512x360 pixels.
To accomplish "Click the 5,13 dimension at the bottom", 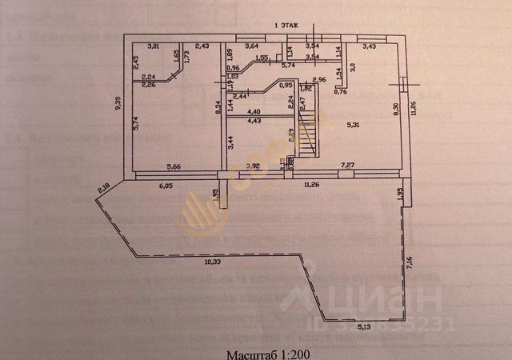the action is tap(364, 326).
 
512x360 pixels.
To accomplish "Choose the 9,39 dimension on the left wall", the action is tap(118, 106).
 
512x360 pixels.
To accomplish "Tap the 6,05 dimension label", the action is tap(165, 185).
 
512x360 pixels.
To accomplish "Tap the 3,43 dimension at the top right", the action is tap(370, 46).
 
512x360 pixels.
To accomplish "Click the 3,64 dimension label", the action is tap(251, 46).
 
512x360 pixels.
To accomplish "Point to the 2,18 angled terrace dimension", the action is tap(105, 189).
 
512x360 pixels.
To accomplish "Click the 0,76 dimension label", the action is tap(340, 92).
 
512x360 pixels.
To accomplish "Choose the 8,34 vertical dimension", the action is tap(218, 101).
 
